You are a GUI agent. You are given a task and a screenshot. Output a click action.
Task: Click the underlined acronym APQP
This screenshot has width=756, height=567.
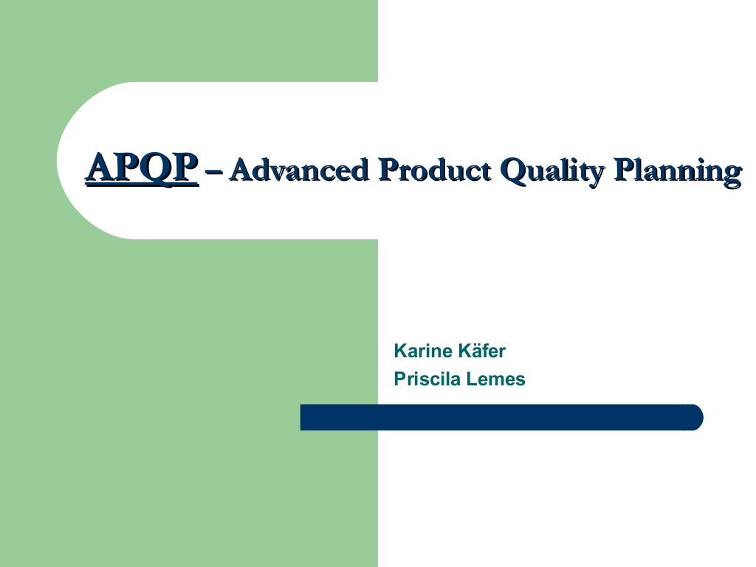[x=142, y=169]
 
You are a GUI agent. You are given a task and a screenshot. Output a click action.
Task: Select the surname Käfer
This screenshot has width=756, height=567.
[x=481, y=351]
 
